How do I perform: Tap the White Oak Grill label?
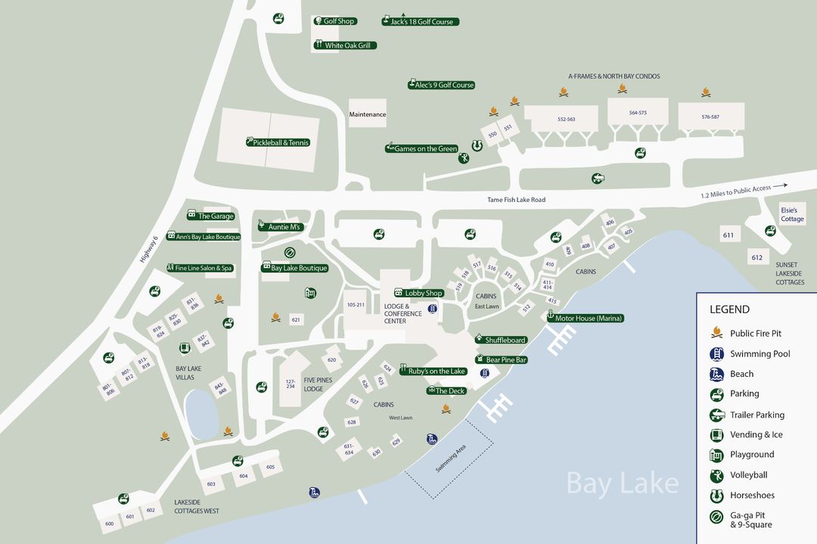[345, 45]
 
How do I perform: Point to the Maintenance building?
[368, 114]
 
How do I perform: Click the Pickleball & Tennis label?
[278, 142]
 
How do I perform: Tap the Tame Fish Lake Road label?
[517, 200]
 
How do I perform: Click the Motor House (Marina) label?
[586, 319]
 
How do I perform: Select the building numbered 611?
[728, 235]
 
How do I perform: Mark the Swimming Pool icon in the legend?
[716, 353]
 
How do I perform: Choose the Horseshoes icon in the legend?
[716, 496]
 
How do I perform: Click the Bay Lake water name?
[622, 483]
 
